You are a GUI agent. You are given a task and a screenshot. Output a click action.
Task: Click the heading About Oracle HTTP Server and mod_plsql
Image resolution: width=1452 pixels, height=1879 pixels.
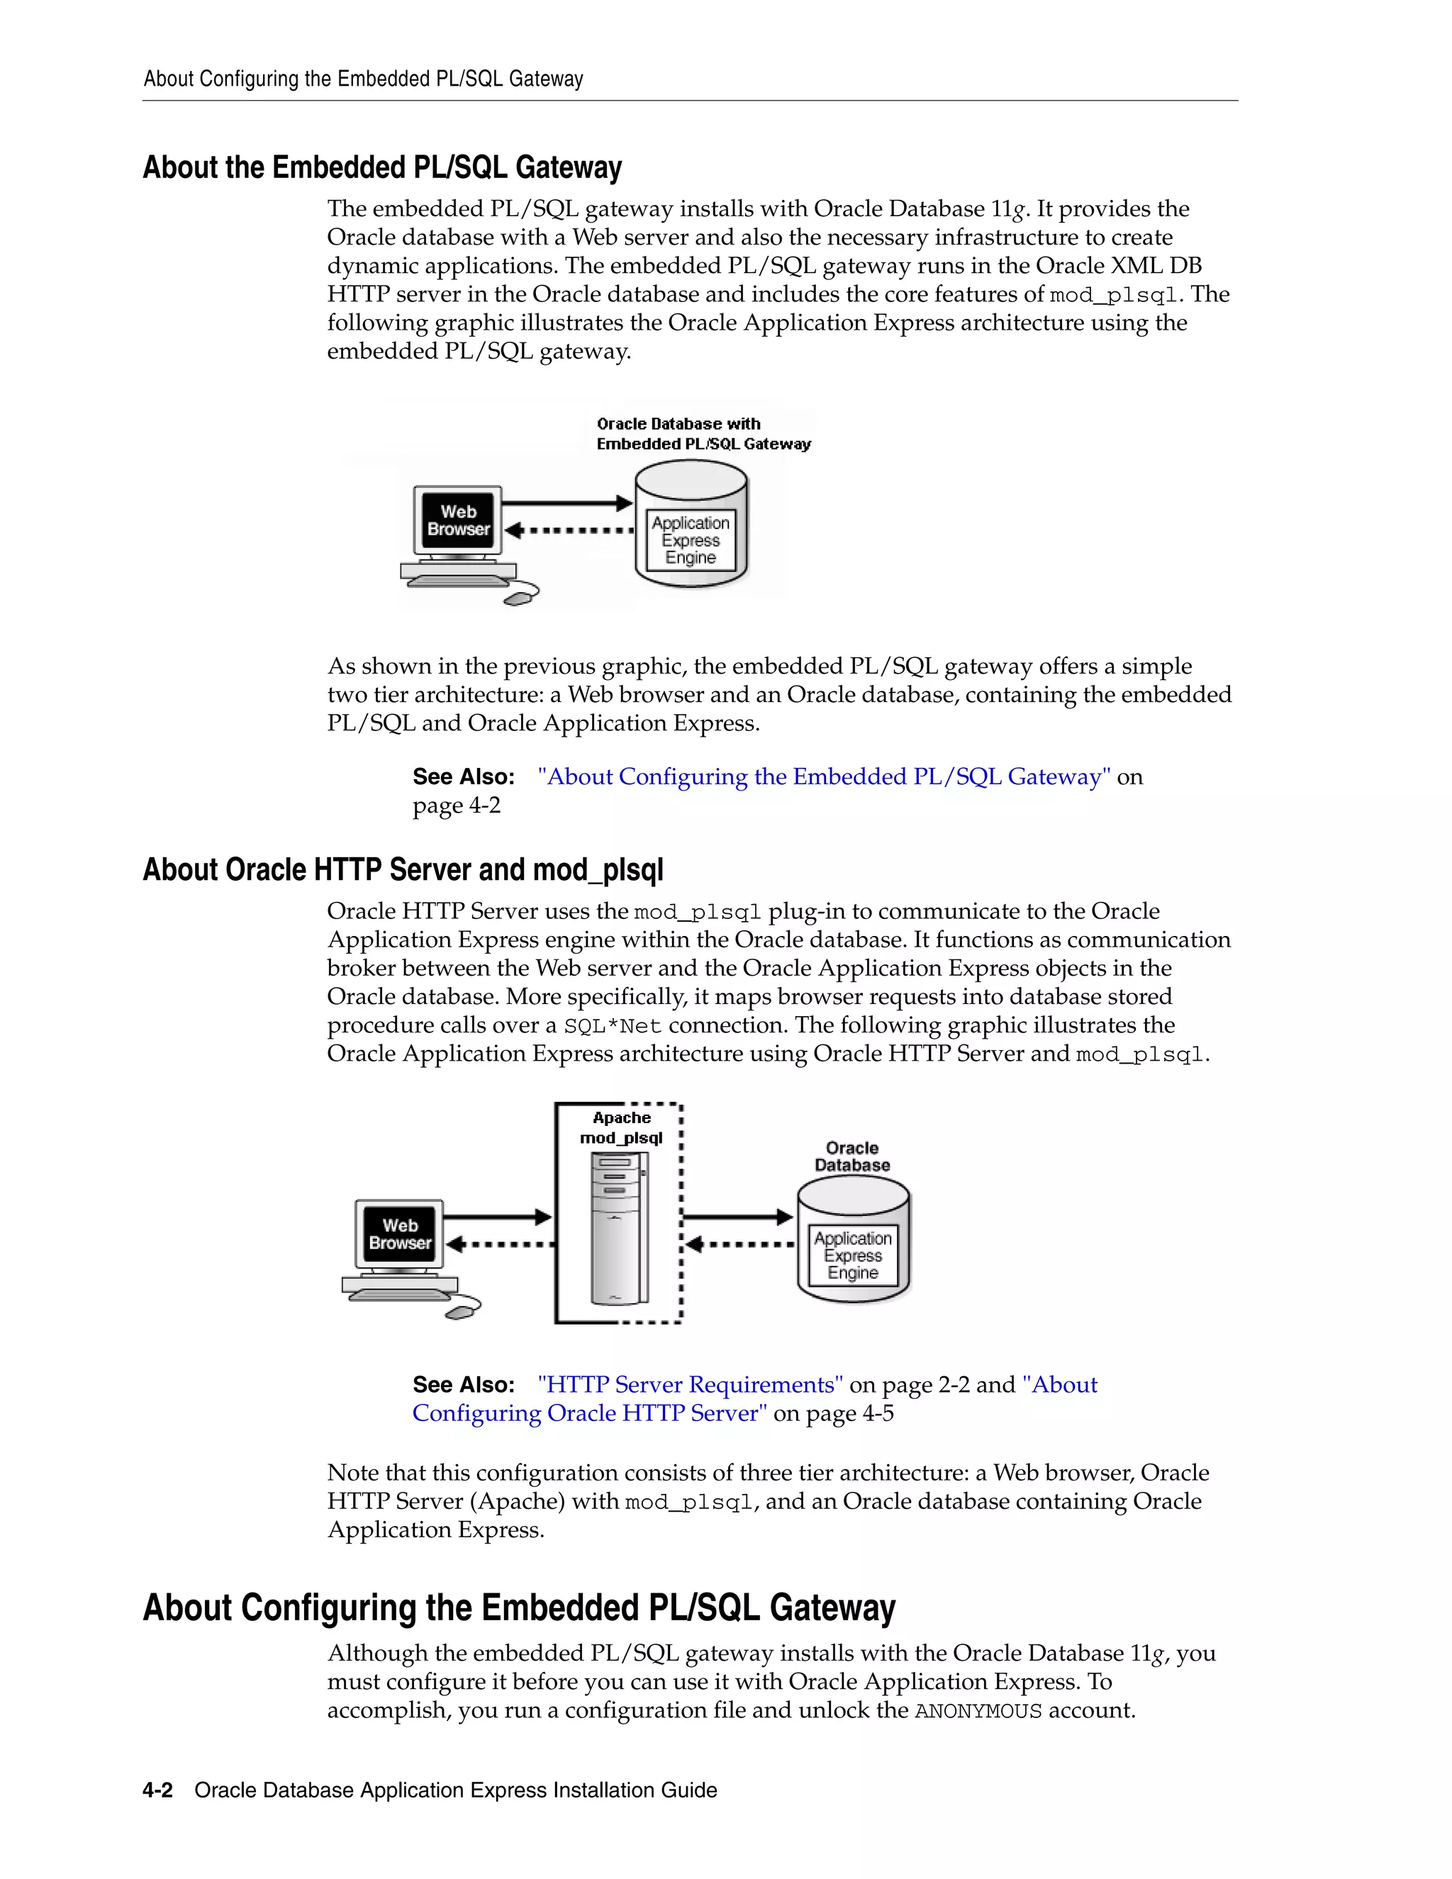click(x=403, y=870)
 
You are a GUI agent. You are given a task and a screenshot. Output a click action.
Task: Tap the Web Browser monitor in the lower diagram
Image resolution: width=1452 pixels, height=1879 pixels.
click(x=399, y=1234)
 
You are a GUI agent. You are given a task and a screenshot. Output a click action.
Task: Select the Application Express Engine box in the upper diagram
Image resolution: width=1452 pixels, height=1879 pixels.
click(x=690, y=540)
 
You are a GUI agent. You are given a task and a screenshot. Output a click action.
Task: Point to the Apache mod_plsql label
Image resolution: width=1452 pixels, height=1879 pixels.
click(x=621, y=1128)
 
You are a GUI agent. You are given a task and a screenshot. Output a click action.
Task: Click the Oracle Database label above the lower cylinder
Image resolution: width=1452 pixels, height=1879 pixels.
click(x=851, y=1157)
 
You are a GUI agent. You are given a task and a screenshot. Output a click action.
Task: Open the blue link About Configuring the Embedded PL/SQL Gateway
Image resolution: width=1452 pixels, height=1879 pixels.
click(x=824, y=777)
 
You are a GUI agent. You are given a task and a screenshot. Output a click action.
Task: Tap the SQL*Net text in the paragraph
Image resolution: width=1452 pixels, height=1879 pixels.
click(x=613, y=1027)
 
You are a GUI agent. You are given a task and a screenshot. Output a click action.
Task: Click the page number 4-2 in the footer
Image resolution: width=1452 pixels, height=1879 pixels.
click(x=157, y=1790)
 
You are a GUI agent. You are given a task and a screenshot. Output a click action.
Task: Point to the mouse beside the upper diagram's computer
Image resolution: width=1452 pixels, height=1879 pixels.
click(x=521, y=596)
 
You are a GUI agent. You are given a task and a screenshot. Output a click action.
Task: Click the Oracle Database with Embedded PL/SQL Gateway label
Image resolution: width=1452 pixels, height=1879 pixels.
click(x=703, y=434)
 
